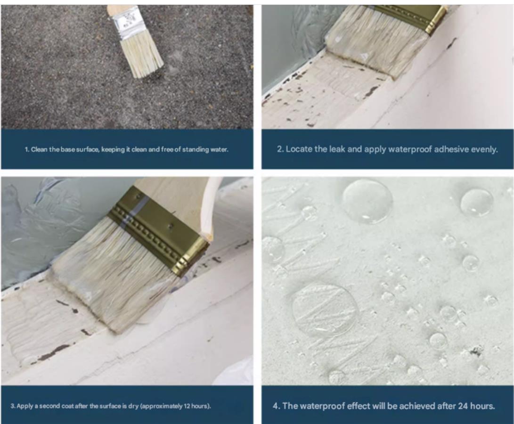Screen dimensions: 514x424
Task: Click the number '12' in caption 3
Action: click(x=187, y=406)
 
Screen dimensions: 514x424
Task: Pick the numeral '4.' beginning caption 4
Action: click(x=277, y=406)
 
